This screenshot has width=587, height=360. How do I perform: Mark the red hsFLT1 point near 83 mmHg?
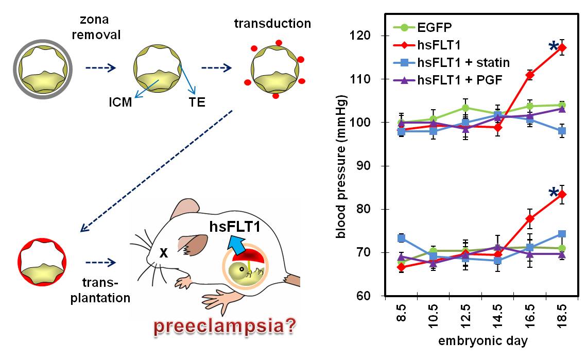561,194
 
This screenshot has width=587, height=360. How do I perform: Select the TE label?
197,102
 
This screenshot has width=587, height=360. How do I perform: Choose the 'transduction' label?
272,24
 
